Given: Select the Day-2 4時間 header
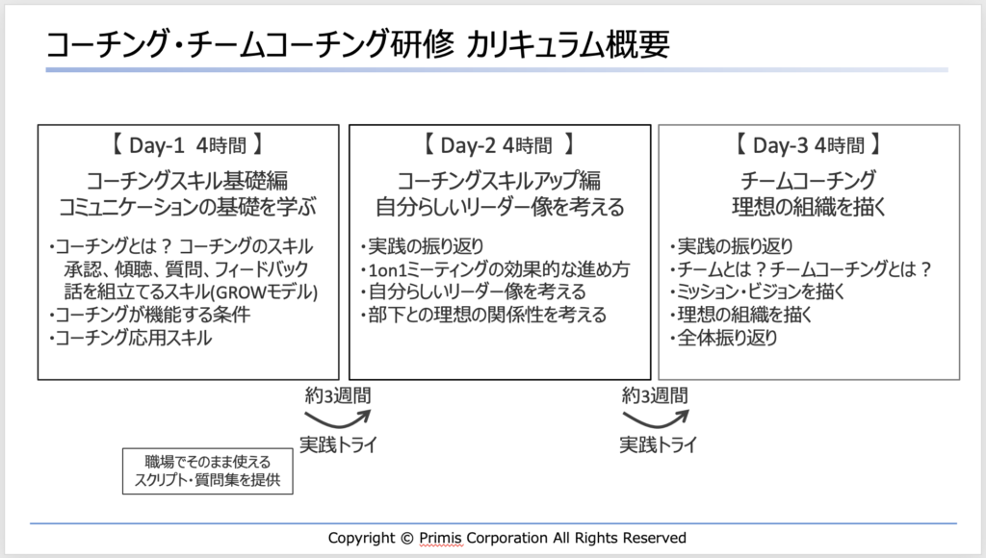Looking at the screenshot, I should coord(498,146).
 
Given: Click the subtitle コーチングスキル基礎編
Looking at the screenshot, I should coord(188,180).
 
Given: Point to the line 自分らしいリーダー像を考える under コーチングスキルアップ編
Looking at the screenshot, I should coord(499,207).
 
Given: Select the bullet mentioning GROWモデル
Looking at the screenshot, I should coord(188,292).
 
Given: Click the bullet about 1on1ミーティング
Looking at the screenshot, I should coord(495,268).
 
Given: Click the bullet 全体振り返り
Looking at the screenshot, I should coord(723,338).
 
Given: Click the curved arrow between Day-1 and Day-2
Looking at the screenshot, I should coord(336,418).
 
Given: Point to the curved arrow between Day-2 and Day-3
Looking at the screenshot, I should coord(655,418).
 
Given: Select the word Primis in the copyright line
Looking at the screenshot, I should coord(441,538).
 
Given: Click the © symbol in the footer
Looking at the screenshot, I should coord(405,538).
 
